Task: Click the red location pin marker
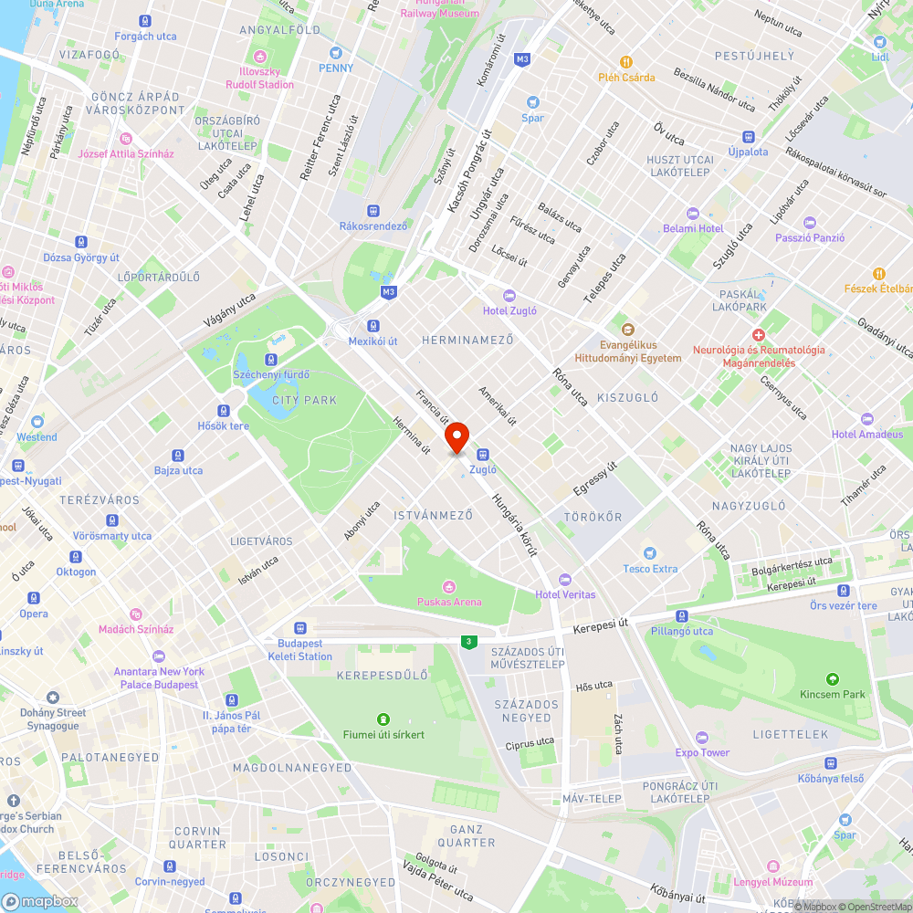click(x=456, y=437)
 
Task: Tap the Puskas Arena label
click(x=449, y=602)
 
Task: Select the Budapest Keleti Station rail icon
click(x=299, y=628)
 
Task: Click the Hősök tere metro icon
click(x=224, y=411)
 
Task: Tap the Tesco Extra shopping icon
click(x=649, y=553)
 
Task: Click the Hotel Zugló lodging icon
click(x=509, y=295)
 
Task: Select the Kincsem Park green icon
click(x=832, y=679)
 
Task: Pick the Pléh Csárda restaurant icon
click(x=626, y=62)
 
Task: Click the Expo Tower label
click(x=702, y=752)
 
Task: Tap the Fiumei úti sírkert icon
click(x=383, y=719)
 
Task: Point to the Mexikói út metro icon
click(x=373, y=326)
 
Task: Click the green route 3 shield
click(x=469, y=642)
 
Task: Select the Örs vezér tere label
click(x=843, y=605)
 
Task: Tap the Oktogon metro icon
click(x=76, y=557)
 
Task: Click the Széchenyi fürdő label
click(x=271, y=374)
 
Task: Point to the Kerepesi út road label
click(x=603, y=629)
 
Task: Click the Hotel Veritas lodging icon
click(x=564, y=580)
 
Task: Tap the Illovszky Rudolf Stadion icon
click(x=260, y=55)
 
